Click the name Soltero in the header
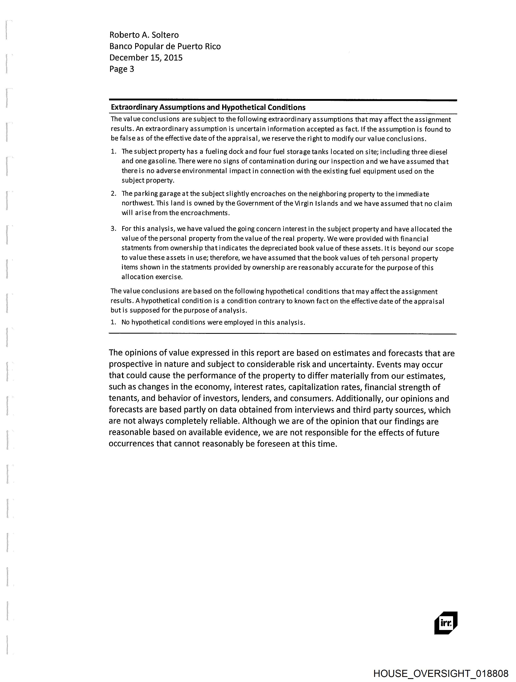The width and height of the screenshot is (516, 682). coord(165,35)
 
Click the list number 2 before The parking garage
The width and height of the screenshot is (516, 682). coord(113,194)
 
